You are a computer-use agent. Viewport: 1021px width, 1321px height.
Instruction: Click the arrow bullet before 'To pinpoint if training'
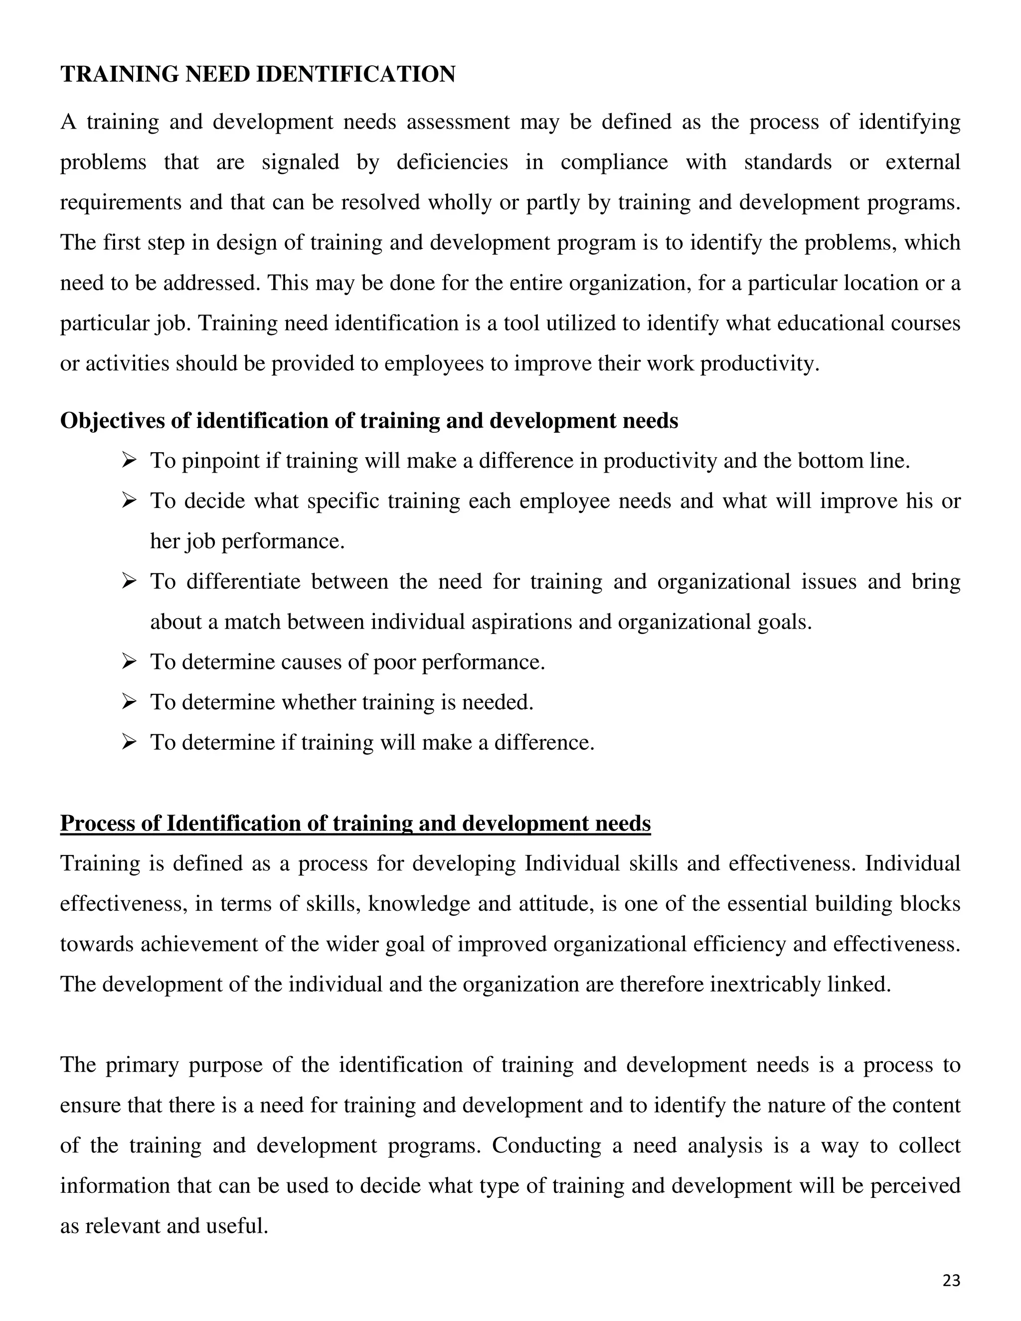pyautogui.click(x=128, y=461)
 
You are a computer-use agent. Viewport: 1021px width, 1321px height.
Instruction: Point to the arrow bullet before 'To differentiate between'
pyautogui.click(x=128, y=581)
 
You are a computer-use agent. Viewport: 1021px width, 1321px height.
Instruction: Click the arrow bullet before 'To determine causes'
pyautogui.click(x=128, y=661)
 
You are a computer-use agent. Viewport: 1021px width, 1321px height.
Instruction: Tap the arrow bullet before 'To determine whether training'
pyautogui.click(x=128, y=702)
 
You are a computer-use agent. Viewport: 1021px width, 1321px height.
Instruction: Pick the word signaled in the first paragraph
pyautogui.click(x=300, y=162)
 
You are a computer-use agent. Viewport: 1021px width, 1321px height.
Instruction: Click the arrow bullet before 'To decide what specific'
pyautogui.click(x=128, y=501)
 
